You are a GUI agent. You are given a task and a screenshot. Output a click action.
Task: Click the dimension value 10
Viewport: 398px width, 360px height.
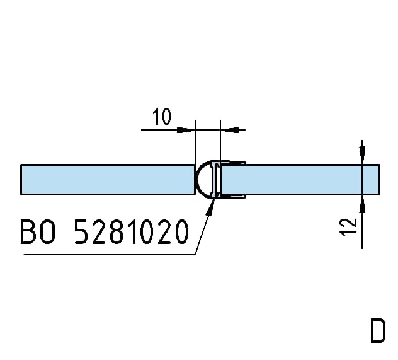(x=162, y=117)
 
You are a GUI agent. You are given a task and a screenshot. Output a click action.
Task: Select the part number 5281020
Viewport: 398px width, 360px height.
(x=132, y=233)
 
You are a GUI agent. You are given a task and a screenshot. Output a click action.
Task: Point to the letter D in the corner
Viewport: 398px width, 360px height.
(x=377, y=332)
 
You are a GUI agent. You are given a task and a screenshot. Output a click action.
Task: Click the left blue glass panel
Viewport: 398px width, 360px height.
(x=107, y=180)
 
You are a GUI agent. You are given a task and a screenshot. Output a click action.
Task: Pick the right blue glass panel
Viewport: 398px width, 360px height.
(x=296, y=180)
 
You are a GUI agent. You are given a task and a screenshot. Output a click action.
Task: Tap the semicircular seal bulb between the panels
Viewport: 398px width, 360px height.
(x=203, y=179)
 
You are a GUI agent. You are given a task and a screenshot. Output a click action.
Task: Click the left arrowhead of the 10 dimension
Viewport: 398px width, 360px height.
(x=186, y=130)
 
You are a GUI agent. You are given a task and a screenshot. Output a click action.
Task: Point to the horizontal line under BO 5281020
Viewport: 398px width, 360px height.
(x=107, y=255)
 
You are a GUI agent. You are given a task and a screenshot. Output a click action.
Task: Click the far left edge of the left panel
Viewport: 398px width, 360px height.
(x=21, y=180)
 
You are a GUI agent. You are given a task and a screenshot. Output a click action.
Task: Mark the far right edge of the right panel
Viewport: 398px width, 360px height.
(x=380, y=180)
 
